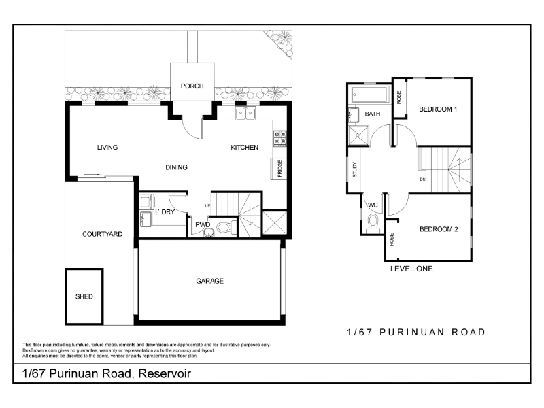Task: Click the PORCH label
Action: point(192,86)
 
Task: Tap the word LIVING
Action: point(107,148)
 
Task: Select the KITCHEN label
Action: point(244,148)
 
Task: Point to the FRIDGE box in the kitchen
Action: point(279,169)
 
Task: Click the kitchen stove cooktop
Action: point(280,139)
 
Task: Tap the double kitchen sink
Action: point(245,113)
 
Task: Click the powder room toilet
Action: point(226,227)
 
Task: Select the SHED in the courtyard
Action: point(84,296)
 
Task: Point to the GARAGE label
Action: point(209,281)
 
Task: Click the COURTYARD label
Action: point(103,234)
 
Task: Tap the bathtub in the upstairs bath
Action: point(370,94)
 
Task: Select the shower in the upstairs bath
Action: point(358,135)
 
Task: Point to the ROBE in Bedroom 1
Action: point(399,97)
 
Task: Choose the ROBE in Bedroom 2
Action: point(392,239)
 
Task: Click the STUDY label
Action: point(354,169)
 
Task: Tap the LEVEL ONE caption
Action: point(411,269)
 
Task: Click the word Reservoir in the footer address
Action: point(165,373)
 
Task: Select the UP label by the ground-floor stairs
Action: point(207,206)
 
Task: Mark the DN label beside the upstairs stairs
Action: point(422,180)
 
